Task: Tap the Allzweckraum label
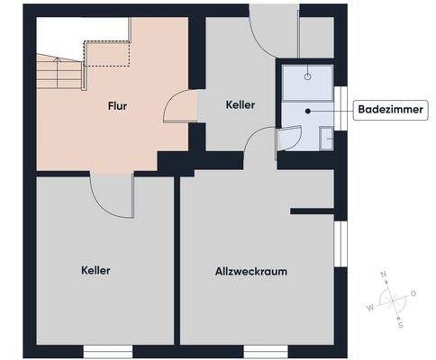click(x=251, y=271)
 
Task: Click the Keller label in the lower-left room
click(x=95, y=270)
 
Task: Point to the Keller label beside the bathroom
click(x=241, y=105)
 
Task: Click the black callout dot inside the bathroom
click(x=308, y=111)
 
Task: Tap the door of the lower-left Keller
click(x=112, y=194)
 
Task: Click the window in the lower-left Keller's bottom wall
click(x=108, y=349)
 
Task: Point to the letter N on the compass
click(x=384, y=274)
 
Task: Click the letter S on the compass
click(x=401, y=325)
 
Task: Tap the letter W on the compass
click(x=368, y=307)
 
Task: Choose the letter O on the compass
click(x=413, y=292)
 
